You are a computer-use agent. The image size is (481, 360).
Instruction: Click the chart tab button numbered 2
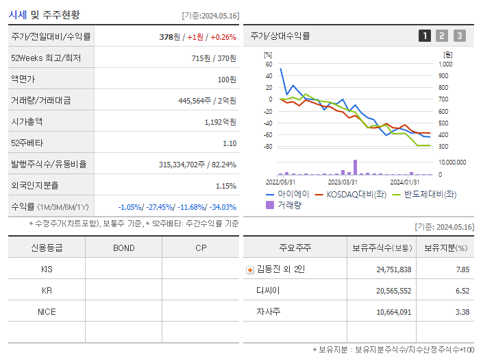point(442,36)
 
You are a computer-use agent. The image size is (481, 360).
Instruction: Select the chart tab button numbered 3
point(459,36)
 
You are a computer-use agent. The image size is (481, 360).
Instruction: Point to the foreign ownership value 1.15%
point(225,185)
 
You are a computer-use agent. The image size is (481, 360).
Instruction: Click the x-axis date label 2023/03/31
point(343,182)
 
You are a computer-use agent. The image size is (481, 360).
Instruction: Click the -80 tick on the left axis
point(268,147)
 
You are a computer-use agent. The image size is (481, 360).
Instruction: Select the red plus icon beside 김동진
point(249,269)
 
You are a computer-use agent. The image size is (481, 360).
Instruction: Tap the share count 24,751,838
point(394,269)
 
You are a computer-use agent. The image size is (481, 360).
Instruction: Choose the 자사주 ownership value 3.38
point(463,312)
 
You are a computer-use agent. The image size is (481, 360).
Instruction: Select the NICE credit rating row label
point(47,312)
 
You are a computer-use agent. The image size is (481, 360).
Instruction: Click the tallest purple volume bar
point(355,167)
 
